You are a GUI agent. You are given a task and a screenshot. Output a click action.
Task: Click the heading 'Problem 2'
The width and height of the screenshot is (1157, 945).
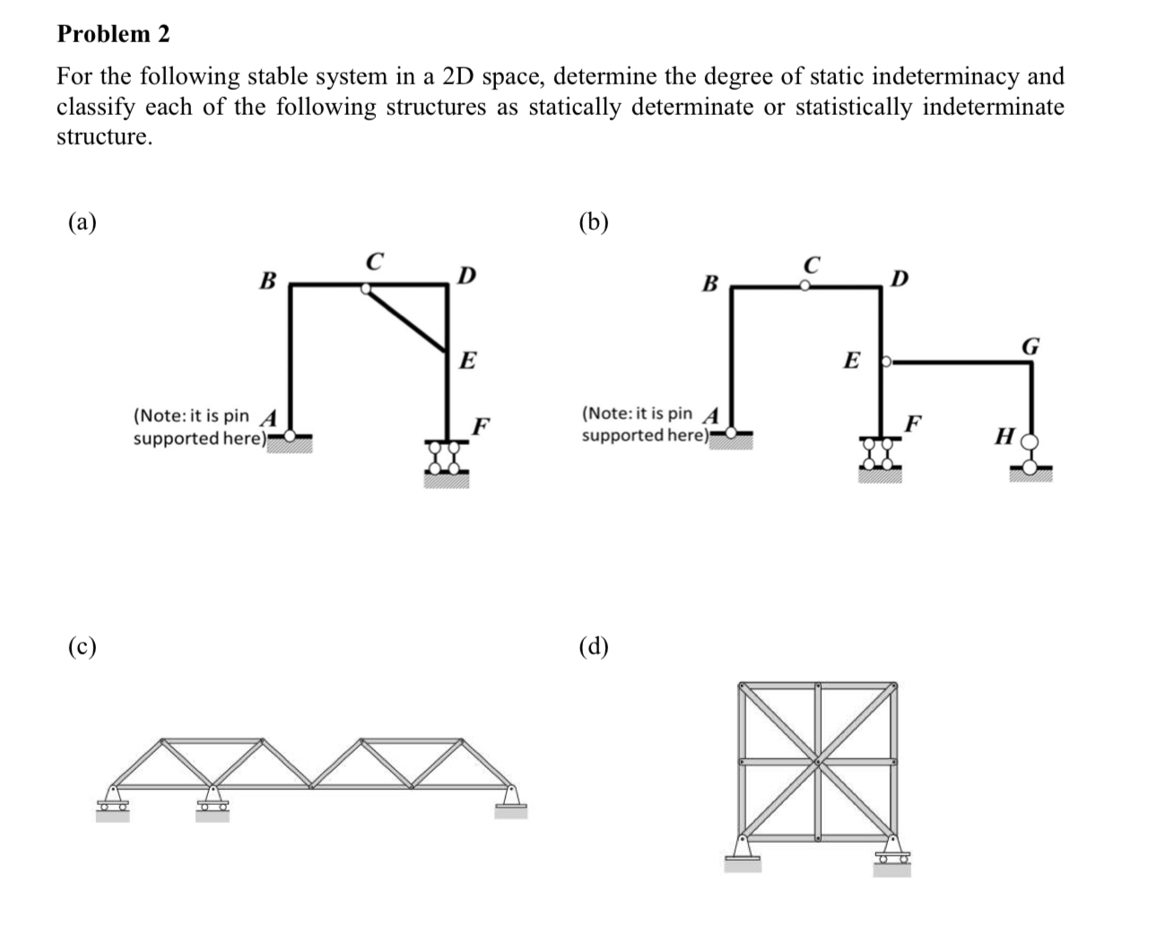pyautogui.click(x=113, y=34)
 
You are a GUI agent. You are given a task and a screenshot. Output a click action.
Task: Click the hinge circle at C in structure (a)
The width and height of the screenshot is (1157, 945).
pyautogui.click(x=366, y=289)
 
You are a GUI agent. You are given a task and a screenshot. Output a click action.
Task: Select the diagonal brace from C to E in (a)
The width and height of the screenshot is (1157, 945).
pyautogui.click(x=407, y=319)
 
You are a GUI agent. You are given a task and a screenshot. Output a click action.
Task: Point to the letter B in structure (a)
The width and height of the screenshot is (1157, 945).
pyautogui.click(x=266, y=280)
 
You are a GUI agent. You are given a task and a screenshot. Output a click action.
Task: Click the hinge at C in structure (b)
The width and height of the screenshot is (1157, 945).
pyautogui.click(x=805, y=286)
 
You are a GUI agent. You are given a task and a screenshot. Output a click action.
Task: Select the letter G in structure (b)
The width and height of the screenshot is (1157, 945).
pyautogui.click(x=1031, y=346)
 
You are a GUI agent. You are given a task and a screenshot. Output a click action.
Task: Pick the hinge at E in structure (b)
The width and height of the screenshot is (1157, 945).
pyautogui.click(x=886, y=363)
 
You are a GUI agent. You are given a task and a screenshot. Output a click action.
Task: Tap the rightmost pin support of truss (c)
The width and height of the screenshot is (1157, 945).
pyautogui.click(x=510, y=801)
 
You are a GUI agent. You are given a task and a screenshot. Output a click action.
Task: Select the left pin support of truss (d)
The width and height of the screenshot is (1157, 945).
pyautogui.click(x=744, y=853)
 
